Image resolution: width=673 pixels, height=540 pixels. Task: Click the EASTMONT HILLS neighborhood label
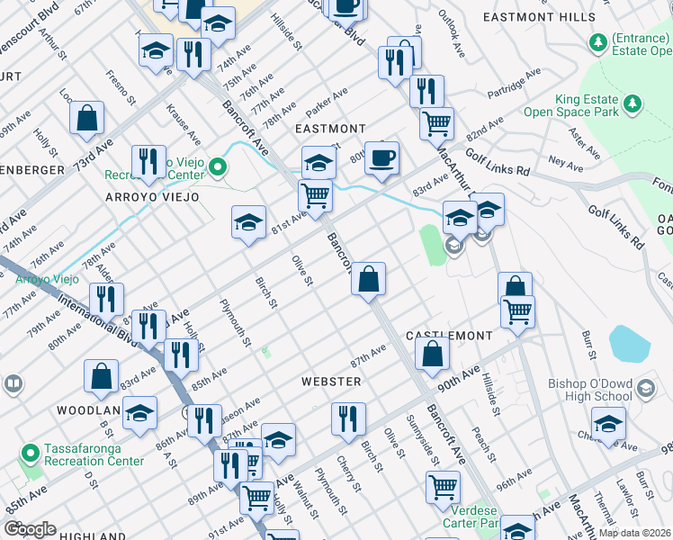pyautogui.click(x=539, y=16)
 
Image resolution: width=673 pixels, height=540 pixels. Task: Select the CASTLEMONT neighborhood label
pyautogui.click(x=449, y=335)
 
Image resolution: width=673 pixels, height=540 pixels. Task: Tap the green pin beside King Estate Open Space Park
pyautogui.click(x=633, y=102)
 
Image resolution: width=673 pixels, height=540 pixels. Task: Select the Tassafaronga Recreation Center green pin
pyautogui.click(x=30, y=453)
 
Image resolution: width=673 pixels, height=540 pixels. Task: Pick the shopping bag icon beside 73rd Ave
pyautogui.click(x=87, y=118)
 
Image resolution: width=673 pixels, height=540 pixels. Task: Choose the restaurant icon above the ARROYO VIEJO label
pyautogui.click(x=148, y=162)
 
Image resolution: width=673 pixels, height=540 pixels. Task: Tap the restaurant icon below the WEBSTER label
pyautogui.click(x=347, y=418)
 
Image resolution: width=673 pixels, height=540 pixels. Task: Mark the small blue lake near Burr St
pyautogui.click(x=630, y=344)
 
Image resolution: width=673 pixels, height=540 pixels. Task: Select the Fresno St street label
pyautogui.click(x=121, y=88)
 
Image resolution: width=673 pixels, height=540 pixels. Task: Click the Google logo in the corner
pyautogui.click(x=30, y=528)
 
